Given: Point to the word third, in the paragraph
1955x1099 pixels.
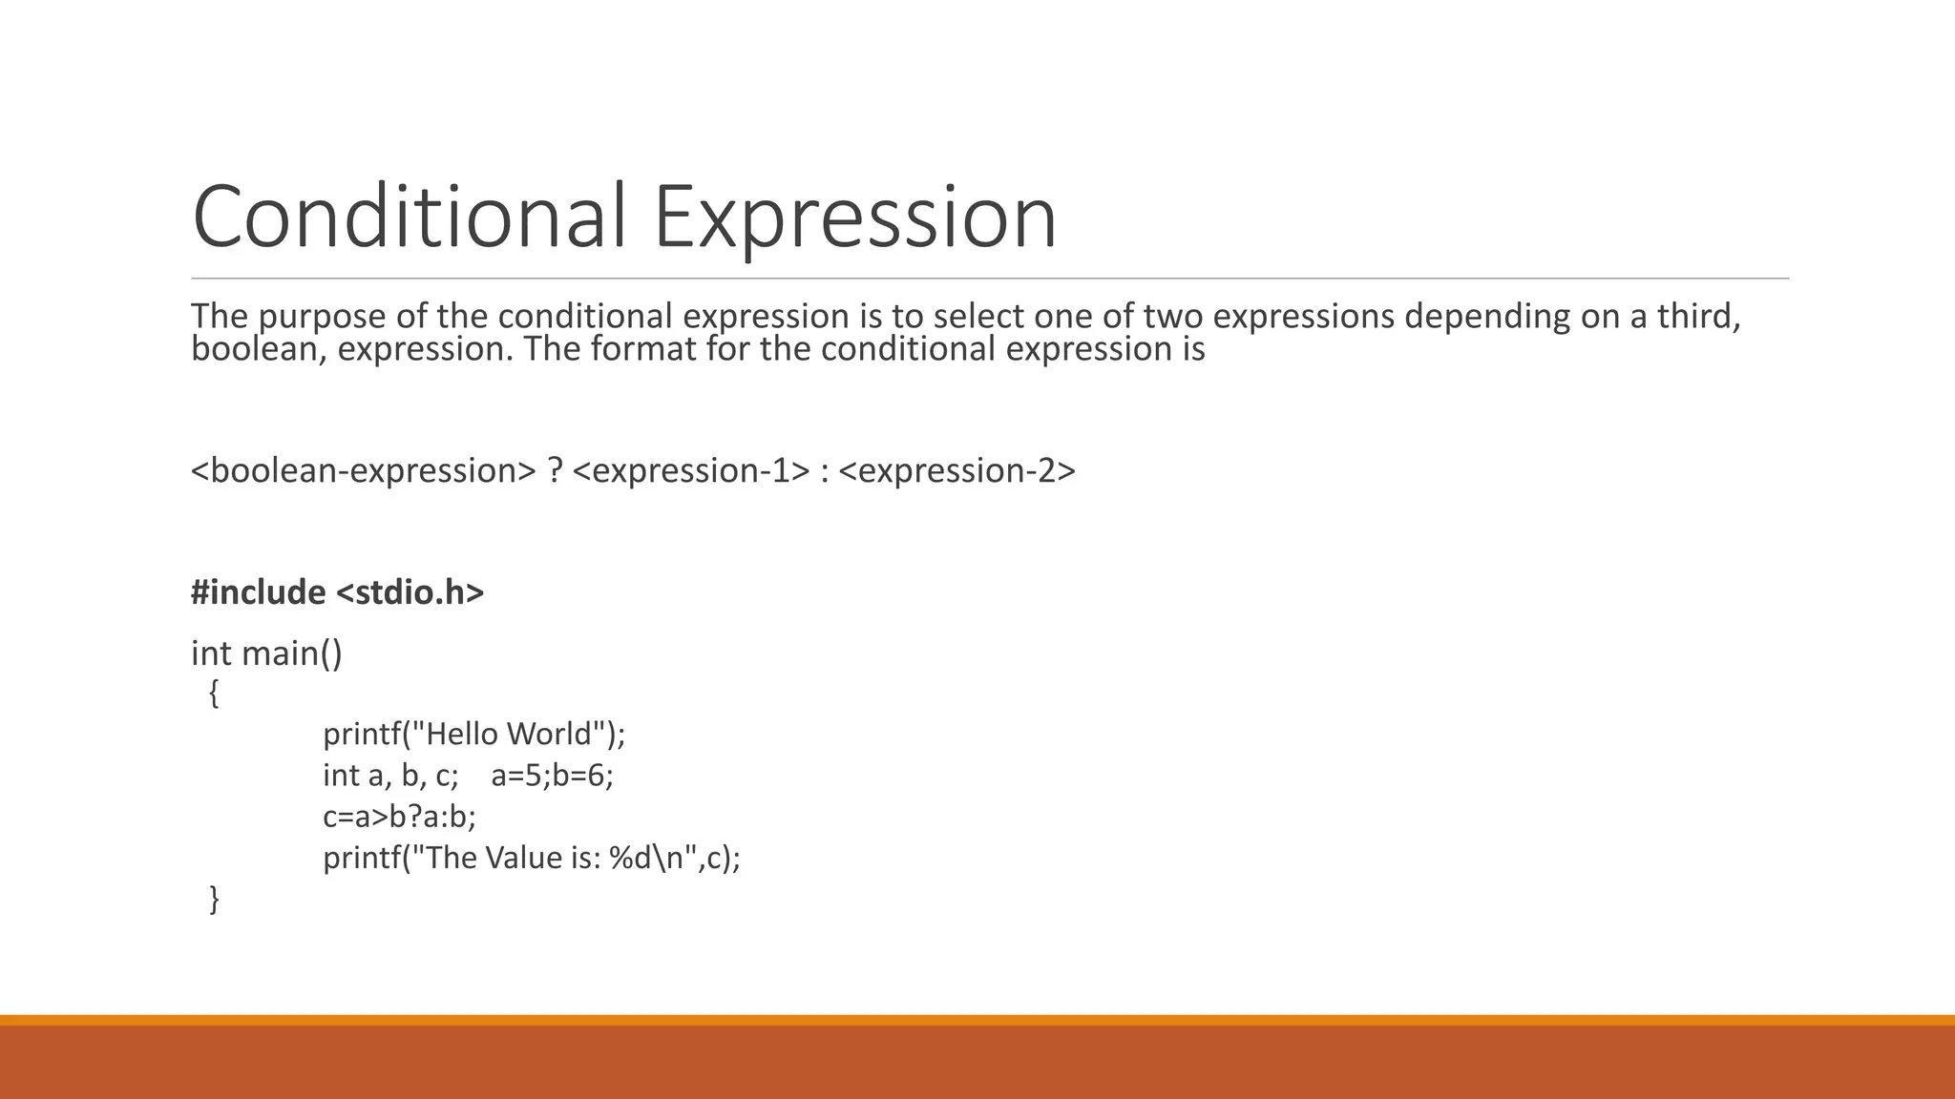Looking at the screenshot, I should tap(1698, 316).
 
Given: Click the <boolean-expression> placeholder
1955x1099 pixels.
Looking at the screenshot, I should tap(364, 470).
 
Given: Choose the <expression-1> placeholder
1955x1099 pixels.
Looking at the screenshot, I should tap(691, 470).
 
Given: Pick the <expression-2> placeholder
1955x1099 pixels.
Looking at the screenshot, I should tap(956, 470).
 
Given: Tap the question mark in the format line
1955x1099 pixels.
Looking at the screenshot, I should tap(555, 470).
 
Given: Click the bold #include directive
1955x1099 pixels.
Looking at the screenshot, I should tap(258, 592).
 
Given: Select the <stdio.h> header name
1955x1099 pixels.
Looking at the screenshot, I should tap(410, 592).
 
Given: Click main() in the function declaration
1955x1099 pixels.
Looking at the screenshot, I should tap(291, 653).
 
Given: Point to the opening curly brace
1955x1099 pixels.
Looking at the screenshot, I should tap(214, 694).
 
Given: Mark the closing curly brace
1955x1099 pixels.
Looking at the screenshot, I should tap(214, 899).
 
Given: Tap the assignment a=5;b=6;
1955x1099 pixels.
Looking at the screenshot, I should tap(552, 776).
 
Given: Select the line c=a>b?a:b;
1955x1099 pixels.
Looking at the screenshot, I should tap(399, 817).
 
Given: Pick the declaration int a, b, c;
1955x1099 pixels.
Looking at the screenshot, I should tap(390, 776).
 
